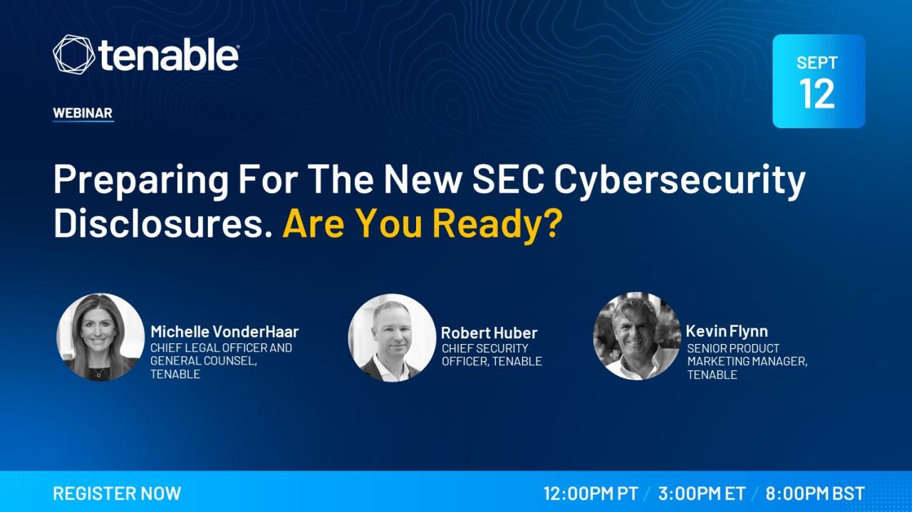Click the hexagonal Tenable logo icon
click(x=73, y=55)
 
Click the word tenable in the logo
click(x=168, y=56)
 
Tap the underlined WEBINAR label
click(x=83, y=113)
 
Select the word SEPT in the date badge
click(x=817, y=63)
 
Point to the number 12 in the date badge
click(x=817, y=94)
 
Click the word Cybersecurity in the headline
click(x=680, y=181)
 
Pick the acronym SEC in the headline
click(x=508, y=179)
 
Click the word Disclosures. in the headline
click(x=163, y=224)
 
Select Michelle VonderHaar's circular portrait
click(x=100, y=338)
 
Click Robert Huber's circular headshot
click(x=392, y=338)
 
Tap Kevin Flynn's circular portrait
click(x=637, y=336)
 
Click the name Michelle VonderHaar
click(x=224, y=332)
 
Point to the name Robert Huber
click(x=489, y=333)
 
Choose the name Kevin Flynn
click(x=727, y=332)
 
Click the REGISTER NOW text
click(x=117, y=493)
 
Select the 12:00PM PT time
click(x=591, y=493)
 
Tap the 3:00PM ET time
click(x=702, y=493)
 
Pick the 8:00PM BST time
click(x=815, y=493)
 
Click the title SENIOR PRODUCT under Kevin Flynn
click(x=733, y=348)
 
